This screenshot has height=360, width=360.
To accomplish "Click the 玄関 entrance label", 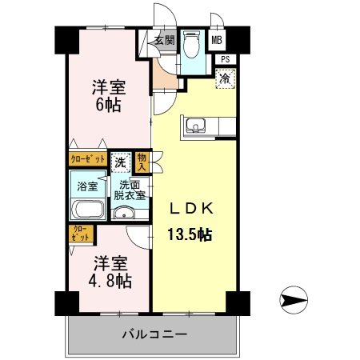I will tap(164, 39).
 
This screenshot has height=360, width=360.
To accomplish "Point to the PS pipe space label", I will tap(226, 58).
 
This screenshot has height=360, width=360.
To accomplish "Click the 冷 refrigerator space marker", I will tap(226, 78).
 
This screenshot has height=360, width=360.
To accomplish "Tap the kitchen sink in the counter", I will tap(196, 126).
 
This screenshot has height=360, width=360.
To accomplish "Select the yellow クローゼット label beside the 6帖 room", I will tap(87, 159).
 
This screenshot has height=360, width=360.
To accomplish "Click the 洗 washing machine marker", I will tap(119, 161).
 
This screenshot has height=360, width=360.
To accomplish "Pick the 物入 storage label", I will tap(142, 162).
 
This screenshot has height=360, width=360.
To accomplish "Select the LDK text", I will tap(190, 209).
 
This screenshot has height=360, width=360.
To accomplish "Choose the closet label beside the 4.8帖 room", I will tap(82, 234).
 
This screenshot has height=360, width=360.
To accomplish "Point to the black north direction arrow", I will tap(294, 301).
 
